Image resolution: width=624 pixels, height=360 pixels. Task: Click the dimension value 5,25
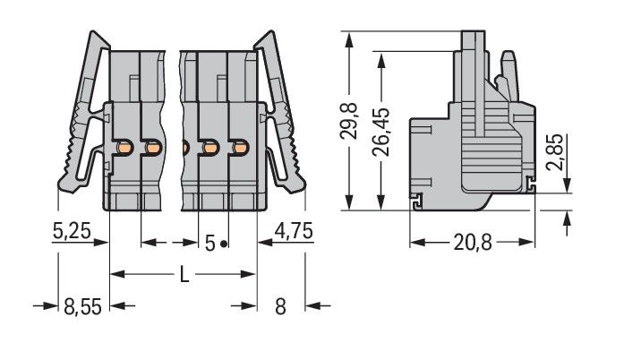pyautogui.click(x=71, y=231)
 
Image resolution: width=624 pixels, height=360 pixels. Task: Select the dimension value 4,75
pyautogui.click(x=292, y=231)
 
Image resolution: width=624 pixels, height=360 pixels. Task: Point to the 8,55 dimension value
pyautogui.click(x=81, y=307)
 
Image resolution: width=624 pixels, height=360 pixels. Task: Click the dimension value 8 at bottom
pyautogui.click(x=279, y=307)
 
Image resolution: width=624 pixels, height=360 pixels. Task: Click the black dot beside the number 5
pyautogui.click(x=224, y=244)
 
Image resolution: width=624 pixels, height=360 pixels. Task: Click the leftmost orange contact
pyautogui.click(x=126, y=146)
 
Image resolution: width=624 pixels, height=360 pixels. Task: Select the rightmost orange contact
pyautogui.click(x=240, y=146)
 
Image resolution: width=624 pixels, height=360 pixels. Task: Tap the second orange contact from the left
pyautogui.click(x=154, y=146)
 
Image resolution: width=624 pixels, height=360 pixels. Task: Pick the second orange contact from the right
pyautogui.click(x=211, y=146)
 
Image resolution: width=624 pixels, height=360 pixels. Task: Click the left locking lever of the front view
pyautogui.click(x=84, y=116)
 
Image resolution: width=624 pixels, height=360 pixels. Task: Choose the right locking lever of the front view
pyautogui.click(x=281, y=116)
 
